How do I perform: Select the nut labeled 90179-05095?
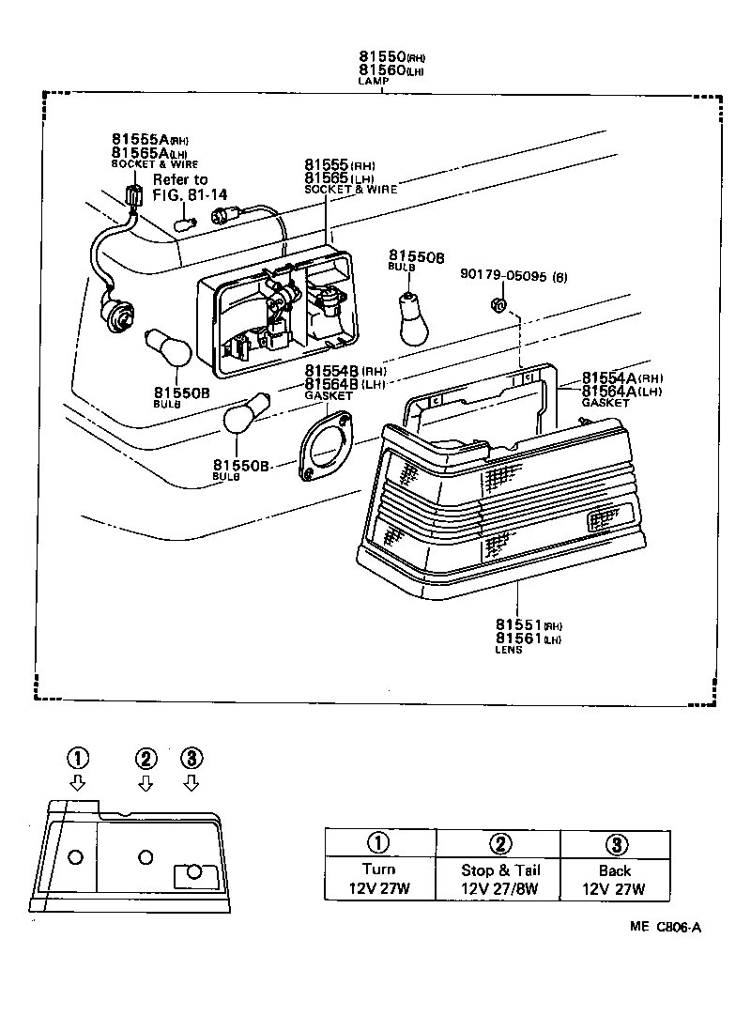499,303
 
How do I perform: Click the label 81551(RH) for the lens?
528,624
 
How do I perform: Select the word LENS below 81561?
508,649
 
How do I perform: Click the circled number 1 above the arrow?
78,758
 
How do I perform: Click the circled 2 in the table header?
500,843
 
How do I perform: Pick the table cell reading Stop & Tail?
500,869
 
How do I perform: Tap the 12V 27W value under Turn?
379,889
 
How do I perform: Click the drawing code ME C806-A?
665,927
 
